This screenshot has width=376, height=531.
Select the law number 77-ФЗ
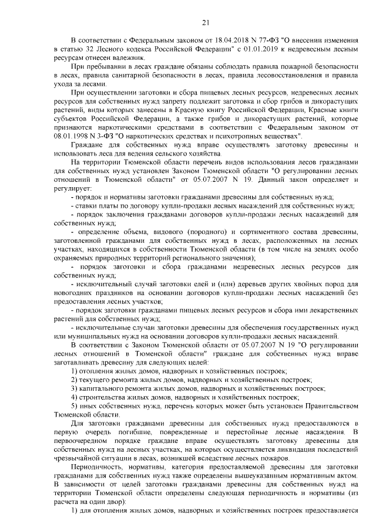[x=235, y=39]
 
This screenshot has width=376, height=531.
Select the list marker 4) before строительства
[x=75, y=397]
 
